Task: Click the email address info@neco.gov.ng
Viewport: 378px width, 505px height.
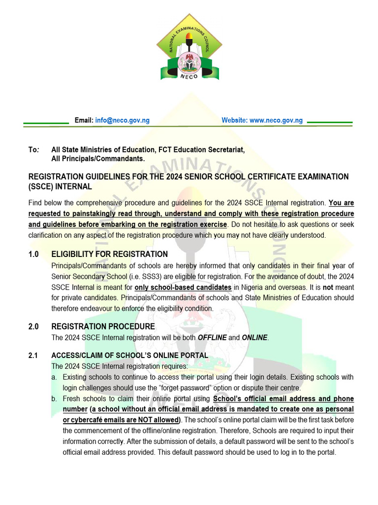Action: tap(122, 120)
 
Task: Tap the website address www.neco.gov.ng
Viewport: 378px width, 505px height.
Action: tap(276, 120)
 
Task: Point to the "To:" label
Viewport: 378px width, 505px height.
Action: tap(33, 149)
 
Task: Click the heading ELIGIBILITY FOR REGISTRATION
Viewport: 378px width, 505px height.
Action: tap(109, 254)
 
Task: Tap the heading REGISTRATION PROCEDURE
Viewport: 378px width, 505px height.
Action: tap(103, 327)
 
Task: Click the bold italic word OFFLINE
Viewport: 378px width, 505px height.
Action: tap(212, 338)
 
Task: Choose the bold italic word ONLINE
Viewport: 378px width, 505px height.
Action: tap(254, 338)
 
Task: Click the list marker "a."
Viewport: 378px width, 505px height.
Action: tap(54, 377)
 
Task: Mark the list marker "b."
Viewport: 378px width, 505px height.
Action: tap(54, 398)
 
